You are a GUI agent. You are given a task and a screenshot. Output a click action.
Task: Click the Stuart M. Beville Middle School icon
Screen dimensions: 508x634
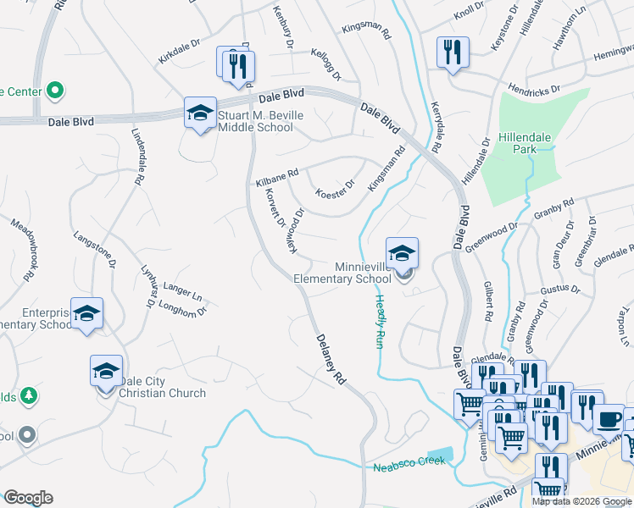pos(200,113)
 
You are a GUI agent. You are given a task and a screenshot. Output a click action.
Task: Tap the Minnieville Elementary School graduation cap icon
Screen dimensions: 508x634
pos(402,253)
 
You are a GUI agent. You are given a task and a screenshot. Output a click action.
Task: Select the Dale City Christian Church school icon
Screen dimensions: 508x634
pos(107,372)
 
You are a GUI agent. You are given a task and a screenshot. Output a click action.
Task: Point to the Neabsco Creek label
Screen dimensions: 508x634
pos(409,467)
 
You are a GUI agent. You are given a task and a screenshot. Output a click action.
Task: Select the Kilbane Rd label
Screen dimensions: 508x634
pos(277,177)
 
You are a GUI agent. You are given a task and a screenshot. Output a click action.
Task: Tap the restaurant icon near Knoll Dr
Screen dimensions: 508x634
pos(453,52)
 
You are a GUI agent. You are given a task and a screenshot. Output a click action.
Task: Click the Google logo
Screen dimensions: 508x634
pos(28,498)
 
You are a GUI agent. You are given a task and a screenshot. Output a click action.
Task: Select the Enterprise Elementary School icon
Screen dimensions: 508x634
pos(86,314)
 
